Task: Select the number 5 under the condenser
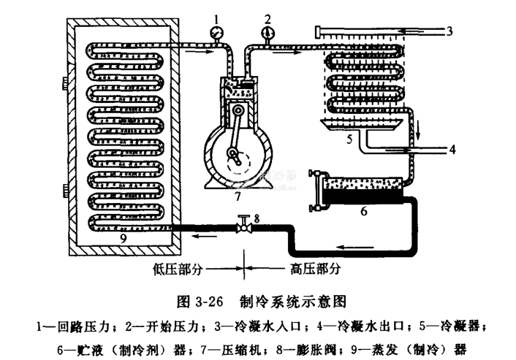point(351,137)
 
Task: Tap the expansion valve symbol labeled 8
point(245,227)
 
